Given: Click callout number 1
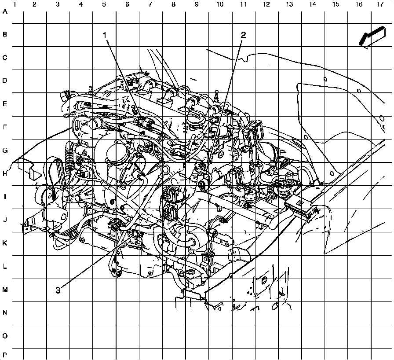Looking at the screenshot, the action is (105, 35).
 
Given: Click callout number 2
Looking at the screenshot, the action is (243, 35).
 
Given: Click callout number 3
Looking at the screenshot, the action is (58, 290).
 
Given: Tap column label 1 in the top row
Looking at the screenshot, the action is (15, 4).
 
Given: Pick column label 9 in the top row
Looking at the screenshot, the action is (196, 4).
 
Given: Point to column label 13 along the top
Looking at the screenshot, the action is (289, 4).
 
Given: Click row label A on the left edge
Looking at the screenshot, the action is (5, 12).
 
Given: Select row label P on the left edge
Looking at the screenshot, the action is (5, 355).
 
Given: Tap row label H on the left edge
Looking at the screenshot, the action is (5, 174).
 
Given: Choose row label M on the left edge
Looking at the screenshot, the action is (5, 290).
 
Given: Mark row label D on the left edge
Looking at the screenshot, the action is (5, 81).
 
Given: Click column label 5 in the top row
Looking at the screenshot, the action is (104, 4).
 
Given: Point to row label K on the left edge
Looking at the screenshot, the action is (5, 243).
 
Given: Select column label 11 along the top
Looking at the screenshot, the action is (243, 4).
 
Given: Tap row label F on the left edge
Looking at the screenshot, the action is (5, 128).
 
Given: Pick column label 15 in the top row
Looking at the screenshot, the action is (336, 4).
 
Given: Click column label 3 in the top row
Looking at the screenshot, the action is (58, 4).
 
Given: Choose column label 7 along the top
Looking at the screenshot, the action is (150, 4).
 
